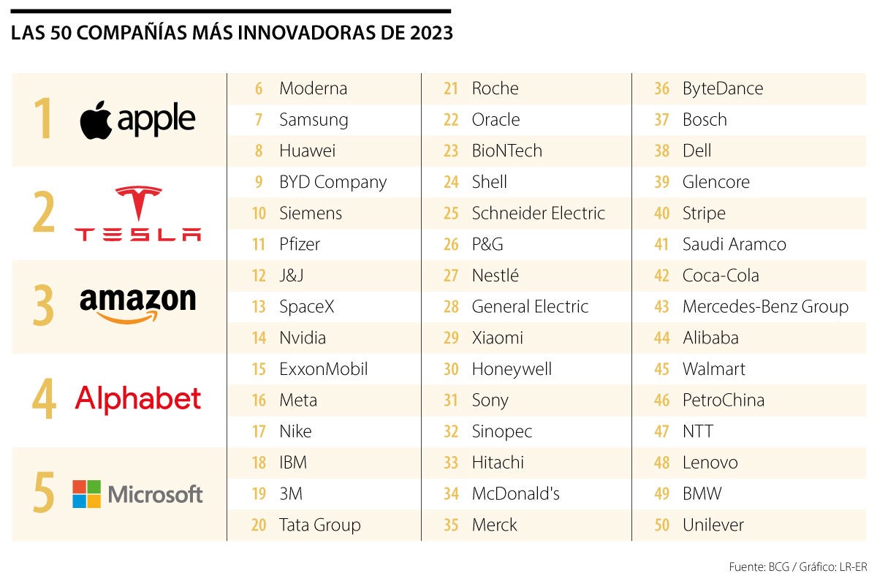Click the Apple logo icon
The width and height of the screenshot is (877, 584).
[x=96, y=121]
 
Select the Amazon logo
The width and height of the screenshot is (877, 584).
[x=137, y=306]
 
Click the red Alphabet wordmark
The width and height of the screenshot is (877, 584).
[x=137, y=399]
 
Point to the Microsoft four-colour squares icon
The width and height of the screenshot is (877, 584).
[x=86, y=494]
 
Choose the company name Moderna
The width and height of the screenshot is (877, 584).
[x=313, y=88]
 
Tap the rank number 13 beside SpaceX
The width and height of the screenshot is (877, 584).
[x=258, y=307]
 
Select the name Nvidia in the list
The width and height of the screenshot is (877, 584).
[x=303, y=338]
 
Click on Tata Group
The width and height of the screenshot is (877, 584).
[x=319, y=525]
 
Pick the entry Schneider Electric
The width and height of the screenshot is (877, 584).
[x=538, y=213]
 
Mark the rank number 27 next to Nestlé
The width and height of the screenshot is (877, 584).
[x=451, y=276]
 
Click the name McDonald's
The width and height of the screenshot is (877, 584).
[x=515, y=494]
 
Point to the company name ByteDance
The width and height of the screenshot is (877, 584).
[x=722, y=88]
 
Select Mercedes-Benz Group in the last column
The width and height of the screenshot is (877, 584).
[x=765, y=307]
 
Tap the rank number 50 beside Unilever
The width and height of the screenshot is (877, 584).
[x=661, y=525]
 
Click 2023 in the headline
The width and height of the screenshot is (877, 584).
[x=432, y=34]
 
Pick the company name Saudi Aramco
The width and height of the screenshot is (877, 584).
[x=734, y=244]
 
